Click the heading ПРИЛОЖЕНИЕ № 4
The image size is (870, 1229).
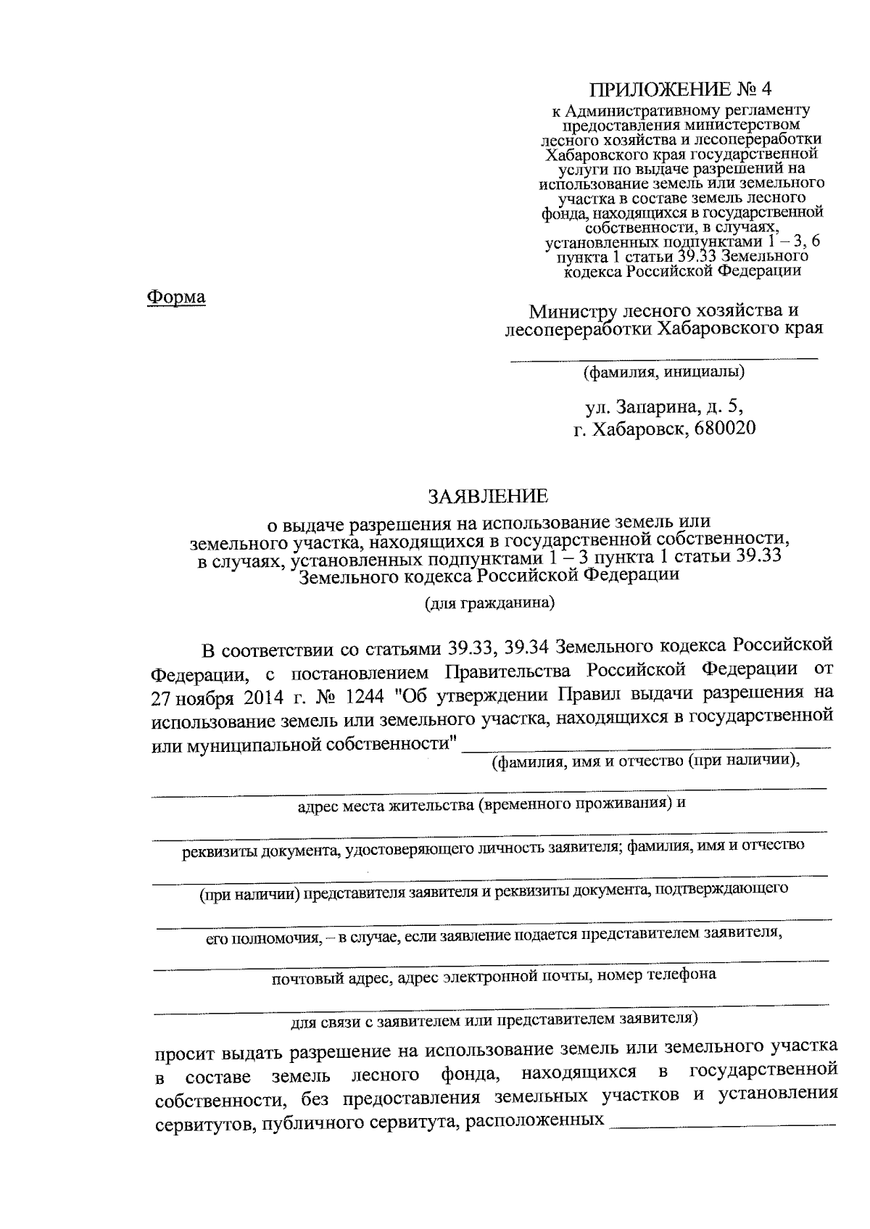(x=681, y=89)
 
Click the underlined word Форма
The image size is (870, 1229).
(x=176, y=297)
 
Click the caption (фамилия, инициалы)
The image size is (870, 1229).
(x=664, y=373)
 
